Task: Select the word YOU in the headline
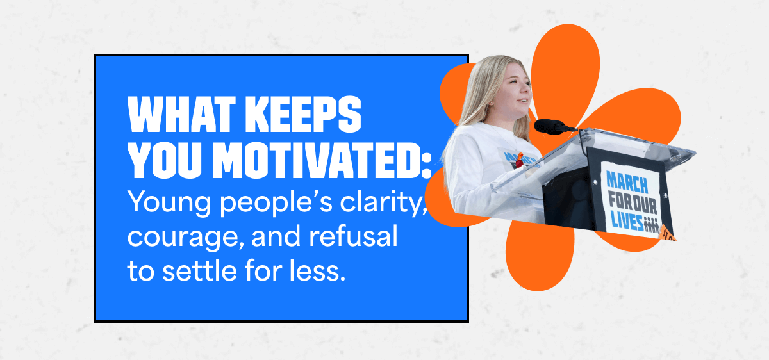[165, 161]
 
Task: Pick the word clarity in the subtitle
[383, 203]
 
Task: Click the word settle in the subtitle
[199, 270]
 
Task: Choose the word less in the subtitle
[317, 270]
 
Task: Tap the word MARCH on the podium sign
[627, 182]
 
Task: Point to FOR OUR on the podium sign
[633, 202]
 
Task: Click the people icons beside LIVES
[651, 225]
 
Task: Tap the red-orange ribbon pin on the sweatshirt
[520, 160]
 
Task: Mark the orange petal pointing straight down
[540, 256]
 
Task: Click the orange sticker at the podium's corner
[667, 233]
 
